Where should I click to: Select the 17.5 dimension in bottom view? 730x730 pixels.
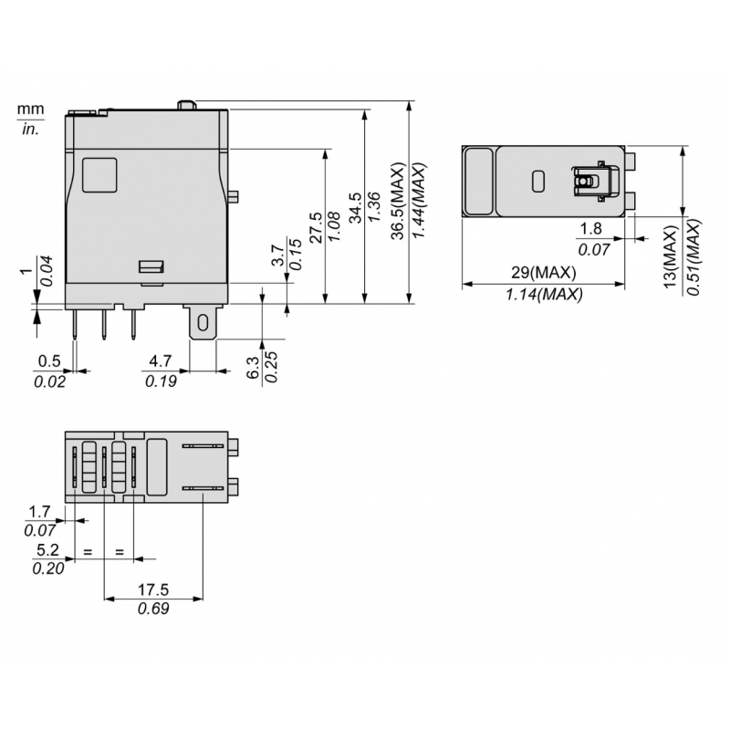coord(153,589)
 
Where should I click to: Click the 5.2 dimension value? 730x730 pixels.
coord(46,550)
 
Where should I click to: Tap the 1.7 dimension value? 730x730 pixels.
coord(40,511)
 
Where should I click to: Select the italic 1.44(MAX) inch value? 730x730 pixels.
coord(419,202)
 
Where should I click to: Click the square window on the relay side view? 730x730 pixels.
coord(99,174)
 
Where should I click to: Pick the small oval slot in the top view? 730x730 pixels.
coord(537,181)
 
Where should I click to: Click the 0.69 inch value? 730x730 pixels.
coord(153,609)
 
